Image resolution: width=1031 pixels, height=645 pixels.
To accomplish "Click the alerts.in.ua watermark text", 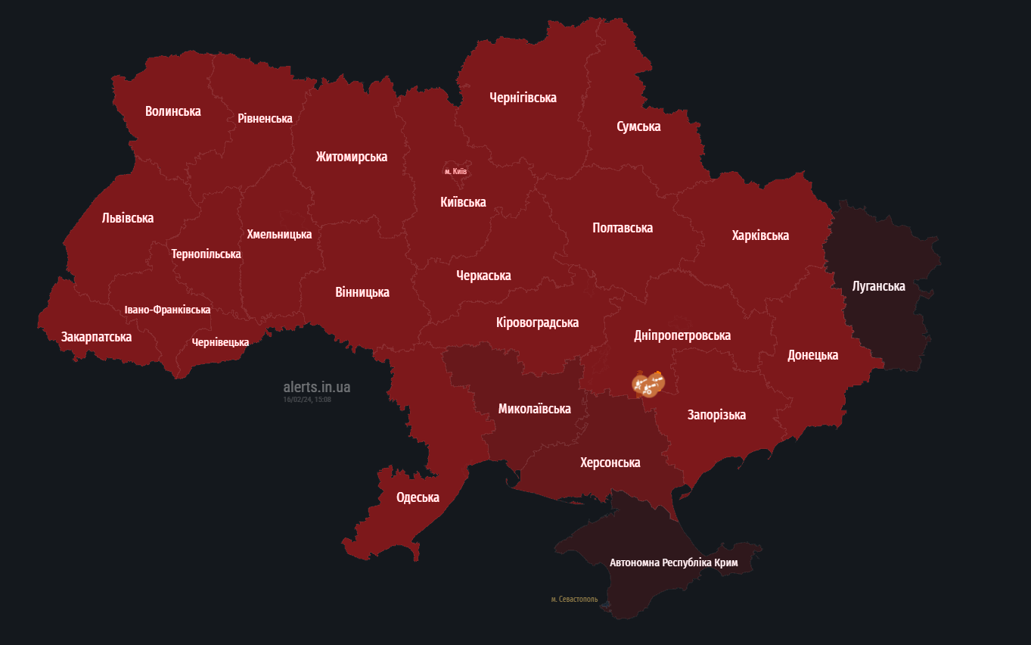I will (316, 387).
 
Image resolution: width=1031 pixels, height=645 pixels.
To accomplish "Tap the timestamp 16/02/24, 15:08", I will (307, 399).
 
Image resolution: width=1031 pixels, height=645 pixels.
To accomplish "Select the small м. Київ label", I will (455, 171).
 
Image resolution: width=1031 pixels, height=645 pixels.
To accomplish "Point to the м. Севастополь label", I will (574, 599).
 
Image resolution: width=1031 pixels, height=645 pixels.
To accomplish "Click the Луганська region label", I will (878, 286).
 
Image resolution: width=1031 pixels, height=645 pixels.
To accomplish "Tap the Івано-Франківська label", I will (167, 310).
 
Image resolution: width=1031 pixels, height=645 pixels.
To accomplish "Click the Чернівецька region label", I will (220, 342).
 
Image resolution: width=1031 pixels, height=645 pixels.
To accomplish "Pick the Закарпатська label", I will (96, 337).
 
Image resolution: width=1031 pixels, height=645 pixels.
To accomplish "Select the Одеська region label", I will (418, 497).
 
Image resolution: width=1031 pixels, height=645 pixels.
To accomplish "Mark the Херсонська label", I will (610, 462).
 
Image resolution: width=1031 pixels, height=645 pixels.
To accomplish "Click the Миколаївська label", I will (534, 409).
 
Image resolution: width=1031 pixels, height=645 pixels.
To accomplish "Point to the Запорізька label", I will (716, 414).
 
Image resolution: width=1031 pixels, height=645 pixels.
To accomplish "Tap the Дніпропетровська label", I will (682, 335).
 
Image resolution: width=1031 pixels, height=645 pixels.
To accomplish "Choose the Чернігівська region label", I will (523, 98).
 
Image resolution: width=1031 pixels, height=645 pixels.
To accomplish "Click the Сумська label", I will (638, 126).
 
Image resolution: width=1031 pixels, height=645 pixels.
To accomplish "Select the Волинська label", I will (172, 111).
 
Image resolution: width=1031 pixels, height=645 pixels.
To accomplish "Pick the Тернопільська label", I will (206, 254).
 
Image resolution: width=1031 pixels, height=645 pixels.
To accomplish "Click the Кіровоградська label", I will (537, 322).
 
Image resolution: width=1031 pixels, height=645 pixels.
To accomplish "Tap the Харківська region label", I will (759, 235).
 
